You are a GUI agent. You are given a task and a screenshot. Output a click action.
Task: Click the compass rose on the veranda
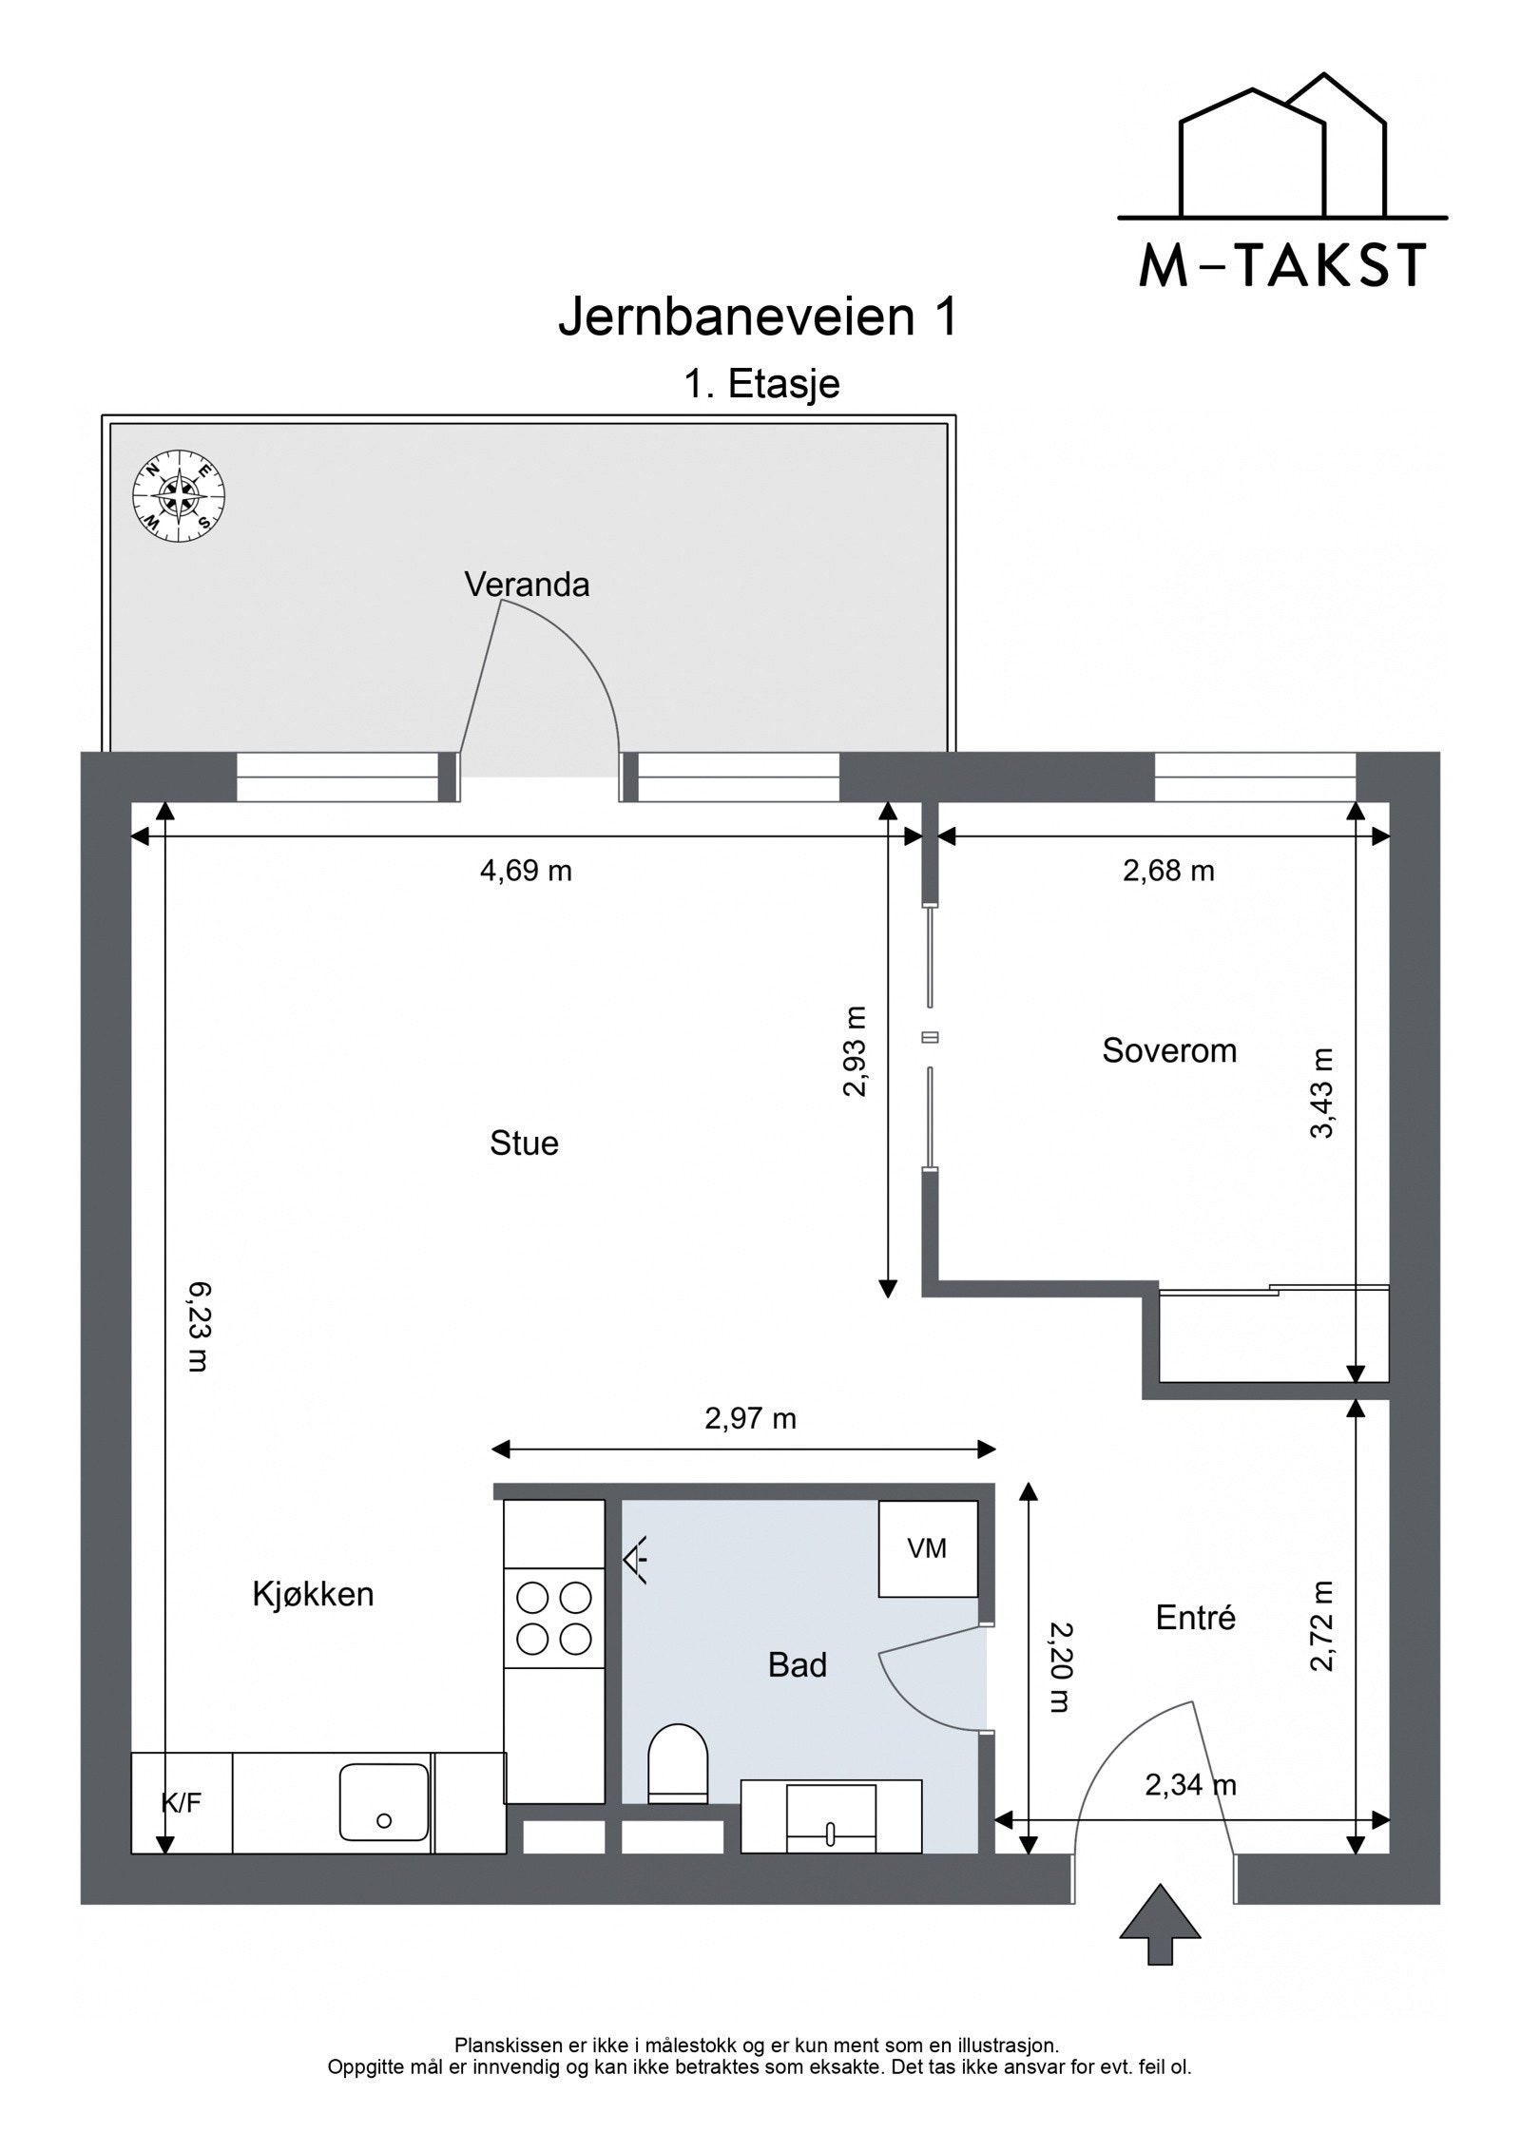[x=179, y=496]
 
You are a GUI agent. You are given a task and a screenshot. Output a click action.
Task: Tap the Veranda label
[x=527, y=585]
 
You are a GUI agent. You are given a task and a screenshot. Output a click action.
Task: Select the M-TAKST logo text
[x=1282, y=265]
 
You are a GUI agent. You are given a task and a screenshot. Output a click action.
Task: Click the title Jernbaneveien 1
[x=758, y=317]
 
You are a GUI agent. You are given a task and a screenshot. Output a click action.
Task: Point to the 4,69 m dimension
[x=526, y=871]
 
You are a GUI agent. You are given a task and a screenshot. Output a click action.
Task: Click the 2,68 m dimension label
[x=1168, y=871]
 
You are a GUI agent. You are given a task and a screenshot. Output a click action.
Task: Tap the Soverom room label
[x=1169, y=1050]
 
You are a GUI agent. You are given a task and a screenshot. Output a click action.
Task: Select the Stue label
[x=524, y=1143]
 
